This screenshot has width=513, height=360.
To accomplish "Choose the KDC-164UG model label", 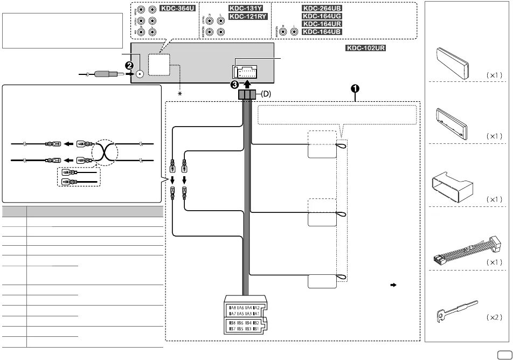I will (322, 17).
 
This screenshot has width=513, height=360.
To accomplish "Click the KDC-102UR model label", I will (366, 48).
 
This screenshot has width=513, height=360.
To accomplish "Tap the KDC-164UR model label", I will (322, 24).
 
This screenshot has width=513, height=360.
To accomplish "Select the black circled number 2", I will (129, 65).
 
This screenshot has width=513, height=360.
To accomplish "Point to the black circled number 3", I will (234, 85).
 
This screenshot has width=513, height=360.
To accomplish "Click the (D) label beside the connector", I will (267, 94).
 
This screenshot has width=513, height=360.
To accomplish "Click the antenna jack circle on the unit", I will (141, 75).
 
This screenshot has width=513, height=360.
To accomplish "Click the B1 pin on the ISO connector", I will (258, 328).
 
